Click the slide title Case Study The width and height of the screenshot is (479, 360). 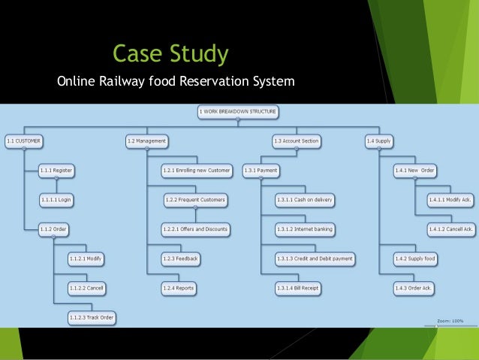tap(170, 53)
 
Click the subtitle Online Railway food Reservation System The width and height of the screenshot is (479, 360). tap(176, 80)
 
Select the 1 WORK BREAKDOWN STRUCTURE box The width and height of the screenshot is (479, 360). tap(238, 112)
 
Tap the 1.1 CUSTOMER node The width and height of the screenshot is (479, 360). tap(23, 141)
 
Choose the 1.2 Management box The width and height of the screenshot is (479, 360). tap(146, 141)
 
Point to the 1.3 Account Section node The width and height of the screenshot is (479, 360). tap(296, 141)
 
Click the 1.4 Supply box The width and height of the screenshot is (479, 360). tap(379, 141)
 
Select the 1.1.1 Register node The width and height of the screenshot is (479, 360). tap(57, 171)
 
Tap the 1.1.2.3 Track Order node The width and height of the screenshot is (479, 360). tap(91, 317)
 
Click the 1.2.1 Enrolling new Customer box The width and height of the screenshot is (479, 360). tap(197, 171)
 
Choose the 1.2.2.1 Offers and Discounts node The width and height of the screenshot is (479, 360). tap(195, 229)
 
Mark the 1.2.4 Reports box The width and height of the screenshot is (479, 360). tap(179, 288)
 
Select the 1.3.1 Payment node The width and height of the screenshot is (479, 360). tap(261, 171)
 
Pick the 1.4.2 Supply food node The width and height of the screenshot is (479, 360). tap(415, 259)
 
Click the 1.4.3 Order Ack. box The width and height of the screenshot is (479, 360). tap(414, 288)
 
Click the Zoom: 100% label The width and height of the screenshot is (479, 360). tap(451, 321)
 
